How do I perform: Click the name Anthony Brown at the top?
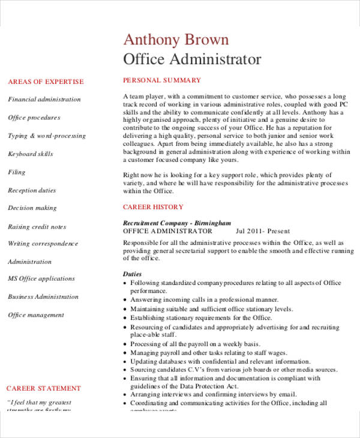tap(176, 40)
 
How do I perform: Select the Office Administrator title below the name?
tap(192, 59)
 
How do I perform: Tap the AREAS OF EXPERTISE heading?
tap(46, 82)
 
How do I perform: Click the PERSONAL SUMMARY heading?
tap(162, 80)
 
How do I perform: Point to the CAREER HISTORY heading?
tap(153, 207)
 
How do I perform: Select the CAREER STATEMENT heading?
tap(43, 388)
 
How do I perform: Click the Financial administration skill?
tap(44, 100)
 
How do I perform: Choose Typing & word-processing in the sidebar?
tap(47, 136)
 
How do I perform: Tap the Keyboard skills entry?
tap(31, 154)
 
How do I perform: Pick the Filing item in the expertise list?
tap(17, 172)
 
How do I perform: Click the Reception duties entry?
tap(32, 190)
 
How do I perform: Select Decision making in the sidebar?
tap(32, 208)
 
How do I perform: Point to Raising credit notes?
tap(37, 227)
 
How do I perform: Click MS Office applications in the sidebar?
tap(41, 278)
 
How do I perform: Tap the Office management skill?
tap(36, 315)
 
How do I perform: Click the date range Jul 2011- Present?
tap(263, 231)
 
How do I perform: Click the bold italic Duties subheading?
tap(133, 274)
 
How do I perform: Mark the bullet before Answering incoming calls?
tap(125, 300)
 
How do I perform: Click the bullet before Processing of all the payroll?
tap(125, 344)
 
